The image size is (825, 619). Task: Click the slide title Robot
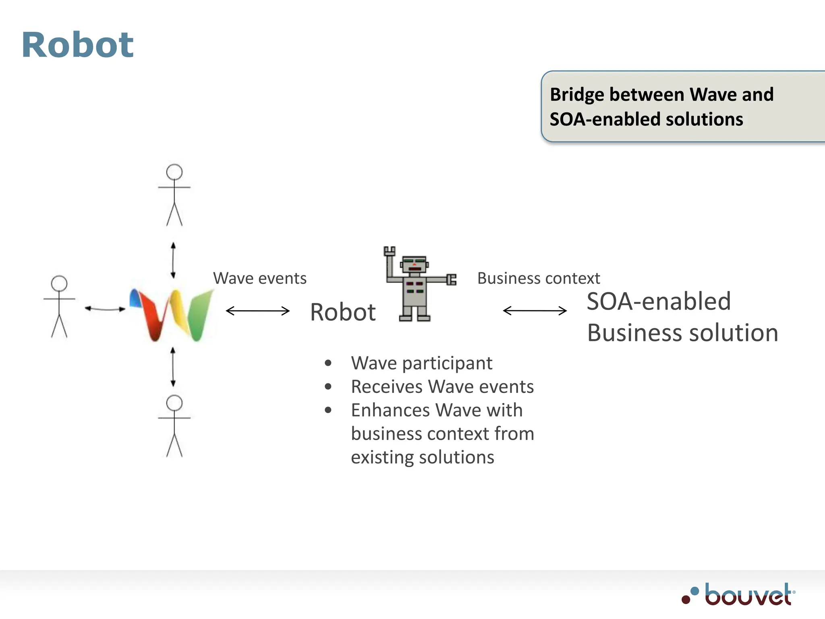[77, 45]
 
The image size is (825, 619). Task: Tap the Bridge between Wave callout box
[681, 107]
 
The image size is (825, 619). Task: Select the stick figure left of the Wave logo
[59, 306]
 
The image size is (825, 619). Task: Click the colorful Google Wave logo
[171, 314]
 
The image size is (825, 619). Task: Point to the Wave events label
[260, 278]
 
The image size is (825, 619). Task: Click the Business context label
[538, 278]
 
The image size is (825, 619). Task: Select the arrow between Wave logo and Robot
[258, 311]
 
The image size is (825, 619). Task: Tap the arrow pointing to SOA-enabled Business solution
[535, 311]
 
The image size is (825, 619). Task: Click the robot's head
[414, 265]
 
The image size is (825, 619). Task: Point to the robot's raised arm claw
[389, 251]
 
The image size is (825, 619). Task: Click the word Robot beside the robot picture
[343, 312]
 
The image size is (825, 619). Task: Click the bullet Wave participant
[421, 363]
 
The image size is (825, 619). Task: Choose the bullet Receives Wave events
[442, 387]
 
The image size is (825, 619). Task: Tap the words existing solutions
[422, 457]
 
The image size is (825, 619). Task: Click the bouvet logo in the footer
[739, 595]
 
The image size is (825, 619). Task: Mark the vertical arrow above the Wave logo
[173, 260]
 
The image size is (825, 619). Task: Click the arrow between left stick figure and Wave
[105, 309]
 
